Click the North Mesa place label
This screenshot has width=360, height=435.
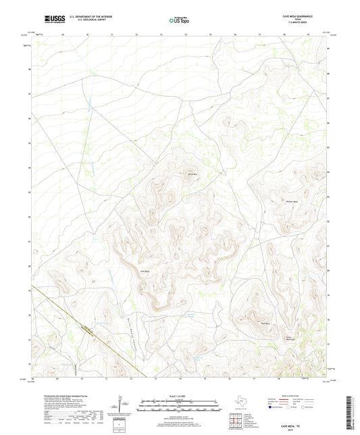192,175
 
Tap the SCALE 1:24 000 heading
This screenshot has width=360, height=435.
179,396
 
